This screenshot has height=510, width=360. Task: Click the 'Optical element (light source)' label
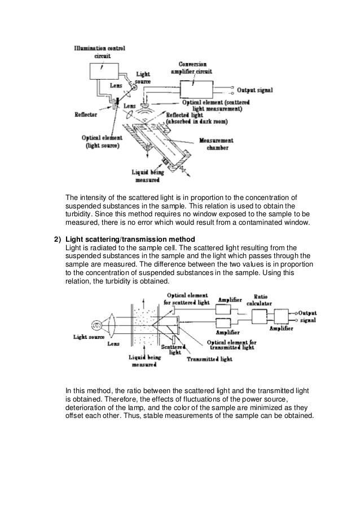point(99,141)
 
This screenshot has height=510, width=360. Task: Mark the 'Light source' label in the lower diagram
point(87,337)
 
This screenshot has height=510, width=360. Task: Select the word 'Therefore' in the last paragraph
point(125,398)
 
